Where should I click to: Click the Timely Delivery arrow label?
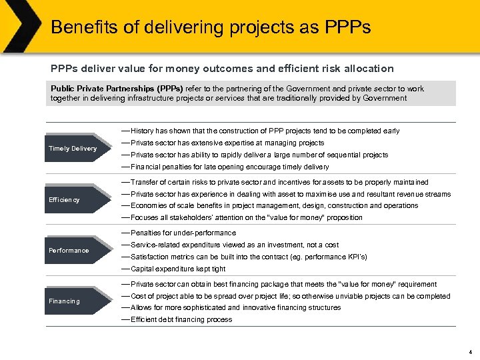pos(73,149)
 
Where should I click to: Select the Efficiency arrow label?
pos(64,200)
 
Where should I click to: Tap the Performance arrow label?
pos(69,251)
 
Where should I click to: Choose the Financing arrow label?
pos(64,301)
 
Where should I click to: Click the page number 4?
pos(470,351)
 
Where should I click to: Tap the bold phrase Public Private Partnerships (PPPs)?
pos(117,89)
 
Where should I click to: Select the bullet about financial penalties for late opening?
pos(229,167)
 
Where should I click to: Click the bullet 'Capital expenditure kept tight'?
pos(178,269)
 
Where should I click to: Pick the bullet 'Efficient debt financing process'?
pos(181,319)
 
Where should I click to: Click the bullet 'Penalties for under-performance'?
pos(183,233)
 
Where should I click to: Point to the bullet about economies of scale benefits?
pos(274,205)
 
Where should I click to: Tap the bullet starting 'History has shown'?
pos(265,131)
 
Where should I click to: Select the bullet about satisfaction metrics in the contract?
pos(249,257)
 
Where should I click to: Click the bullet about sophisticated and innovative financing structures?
pos(235,307)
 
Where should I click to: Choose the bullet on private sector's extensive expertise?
pos(227,143)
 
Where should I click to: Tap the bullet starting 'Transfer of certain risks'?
pos(279,182)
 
